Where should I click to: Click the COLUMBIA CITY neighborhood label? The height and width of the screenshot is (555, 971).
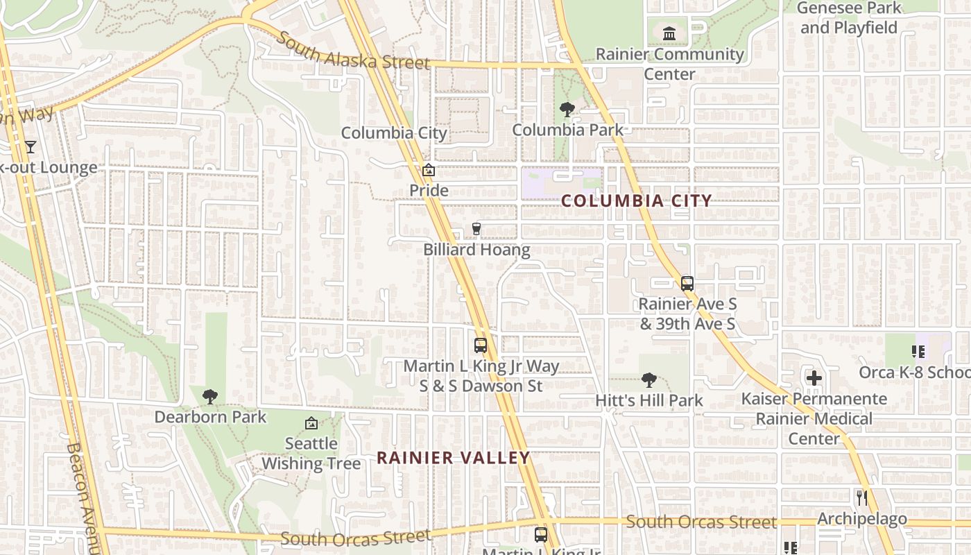pyautogui.click(x=636, y=201)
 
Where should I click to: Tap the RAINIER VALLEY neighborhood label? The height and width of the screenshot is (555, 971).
pyautogui.click(x=454, y=458)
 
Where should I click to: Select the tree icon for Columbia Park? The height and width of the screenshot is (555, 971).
pyautogui.click(x=567, y=110)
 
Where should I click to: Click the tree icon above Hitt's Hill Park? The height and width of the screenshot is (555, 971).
pyautogui.click(x=648, y=380)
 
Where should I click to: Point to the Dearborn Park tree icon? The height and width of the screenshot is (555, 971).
pyautogui.click(x=209, y=397)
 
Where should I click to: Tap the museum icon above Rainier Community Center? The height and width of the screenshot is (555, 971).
pyautogui.click(x=669, y=33)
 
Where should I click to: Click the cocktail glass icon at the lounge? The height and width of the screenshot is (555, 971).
pyautogui.click(x=30, y=146)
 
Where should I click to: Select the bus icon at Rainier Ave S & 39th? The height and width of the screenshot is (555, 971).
pyautogui.click(x=687, y=283)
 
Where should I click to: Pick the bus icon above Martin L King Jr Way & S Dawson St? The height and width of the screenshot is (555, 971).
pyautogui.click(x=480, y=345)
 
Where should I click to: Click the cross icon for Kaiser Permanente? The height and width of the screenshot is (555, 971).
pyautogui.click(x=814, y=378)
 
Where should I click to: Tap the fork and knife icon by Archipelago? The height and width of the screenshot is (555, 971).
pyautogui.click(x=861, y=497)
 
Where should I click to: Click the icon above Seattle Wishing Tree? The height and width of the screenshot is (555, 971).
pyautogui.click(x=311, y=423)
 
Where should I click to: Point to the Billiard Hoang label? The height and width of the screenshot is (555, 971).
pyautogui.click(x=477, y=250)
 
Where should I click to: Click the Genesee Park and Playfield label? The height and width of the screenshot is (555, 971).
pyautogui.click(x=849, y=18)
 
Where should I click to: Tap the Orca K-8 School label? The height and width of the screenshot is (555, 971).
pyautogui.click(x=914, y=373)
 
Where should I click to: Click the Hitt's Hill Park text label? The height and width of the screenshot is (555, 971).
pyautogui.click(x=648, y=400)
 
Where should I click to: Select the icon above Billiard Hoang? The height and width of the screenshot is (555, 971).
pyautogui.click(x=476, y=228)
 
